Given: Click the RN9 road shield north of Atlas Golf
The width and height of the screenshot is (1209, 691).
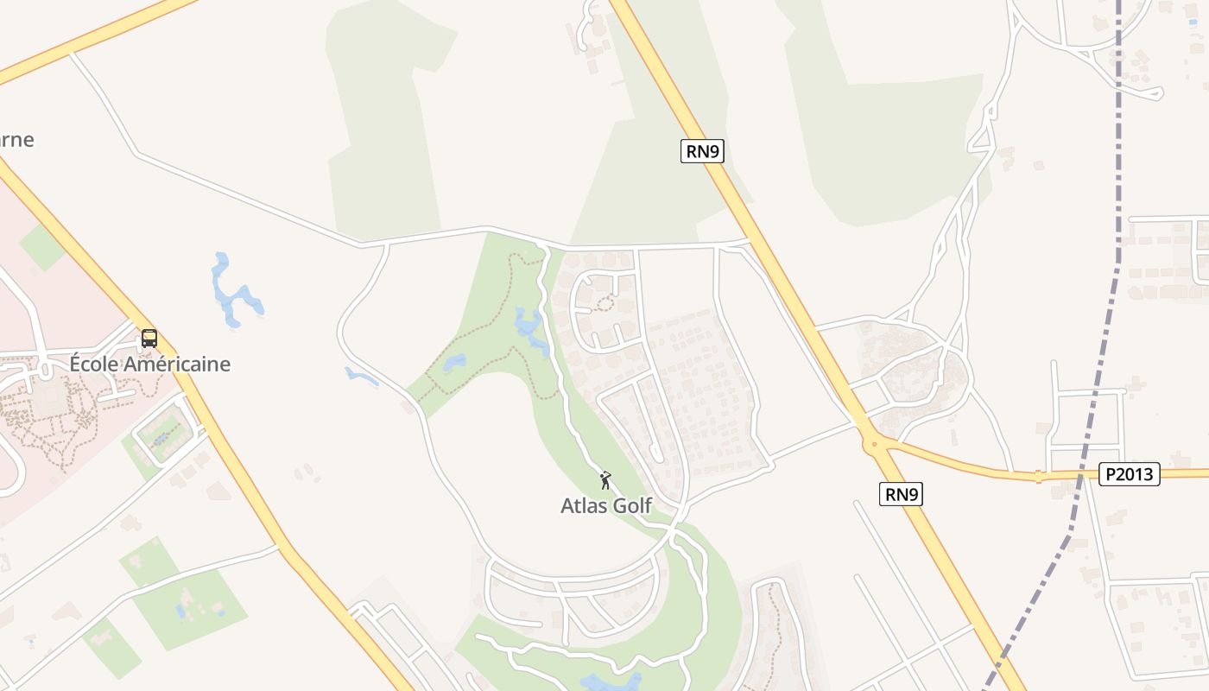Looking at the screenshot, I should (701, 151).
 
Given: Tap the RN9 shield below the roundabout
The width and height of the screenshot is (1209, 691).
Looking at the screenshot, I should (901, 494).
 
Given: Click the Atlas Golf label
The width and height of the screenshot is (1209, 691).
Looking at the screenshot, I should (605, 505).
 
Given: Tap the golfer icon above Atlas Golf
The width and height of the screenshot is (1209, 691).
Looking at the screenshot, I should (605, 479).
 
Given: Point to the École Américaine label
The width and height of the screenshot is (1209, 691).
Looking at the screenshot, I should (149, 364).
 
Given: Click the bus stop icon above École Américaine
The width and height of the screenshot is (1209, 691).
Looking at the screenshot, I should (149, 338).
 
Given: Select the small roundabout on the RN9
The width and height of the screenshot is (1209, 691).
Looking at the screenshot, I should (875, 446).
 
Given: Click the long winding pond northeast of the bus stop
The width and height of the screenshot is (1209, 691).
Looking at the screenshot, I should (231, 294).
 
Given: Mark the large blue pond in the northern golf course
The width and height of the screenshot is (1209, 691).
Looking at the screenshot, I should (529, 326).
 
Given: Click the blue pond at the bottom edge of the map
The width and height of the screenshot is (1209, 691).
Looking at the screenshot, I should (611, 682).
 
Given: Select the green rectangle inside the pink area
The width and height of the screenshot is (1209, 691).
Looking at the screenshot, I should (41, 247).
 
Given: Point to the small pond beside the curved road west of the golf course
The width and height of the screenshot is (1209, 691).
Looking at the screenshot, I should (361, 376).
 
